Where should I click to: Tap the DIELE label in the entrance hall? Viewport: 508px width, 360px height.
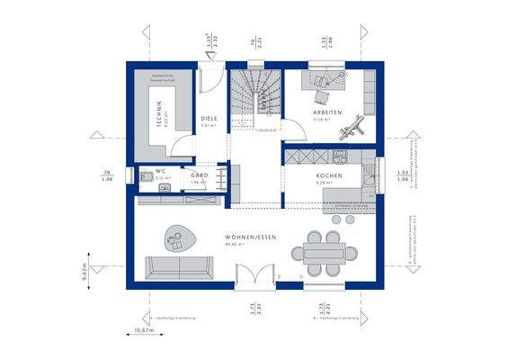209,119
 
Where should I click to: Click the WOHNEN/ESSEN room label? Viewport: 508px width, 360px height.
251,237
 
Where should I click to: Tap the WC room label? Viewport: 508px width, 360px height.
160,171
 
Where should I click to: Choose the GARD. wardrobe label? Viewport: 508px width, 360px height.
200,175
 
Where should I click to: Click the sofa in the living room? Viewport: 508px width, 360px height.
181,266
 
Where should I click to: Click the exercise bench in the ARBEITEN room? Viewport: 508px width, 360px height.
350,127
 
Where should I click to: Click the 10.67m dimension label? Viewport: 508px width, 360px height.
144,332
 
